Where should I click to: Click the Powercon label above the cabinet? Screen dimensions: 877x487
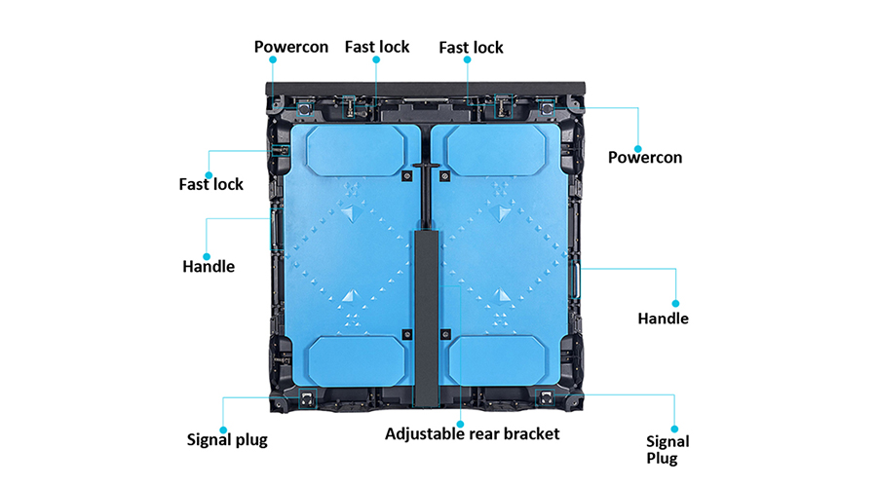[x=290, y=47]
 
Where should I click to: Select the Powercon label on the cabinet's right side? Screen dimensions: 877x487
[x=645, y=157]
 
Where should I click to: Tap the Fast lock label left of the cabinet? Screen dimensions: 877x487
[x=210, y=184]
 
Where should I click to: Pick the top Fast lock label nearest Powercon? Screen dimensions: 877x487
[x=377, y=47]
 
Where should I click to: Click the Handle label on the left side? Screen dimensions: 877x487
[x=209, y=266]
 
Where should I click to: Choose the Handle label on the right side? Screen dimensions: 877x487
[x=663, y=318]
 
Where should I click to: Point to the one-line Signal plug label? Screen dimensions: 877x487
[x=227, y=439]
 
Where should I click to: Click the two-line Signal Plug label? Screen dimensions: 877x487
[x=667, y=450]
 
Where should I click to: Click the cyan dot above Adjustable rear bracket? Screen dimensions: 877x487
[x=460, y=425]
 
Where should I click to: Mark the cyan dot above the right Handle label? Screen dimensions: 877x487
[x=675, y=304]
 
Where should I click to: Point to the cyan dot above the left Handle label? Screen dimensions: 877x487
[x=207, y=256]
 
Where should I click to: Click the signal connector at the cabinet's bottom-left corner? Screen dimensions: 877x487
[x=307, y=398]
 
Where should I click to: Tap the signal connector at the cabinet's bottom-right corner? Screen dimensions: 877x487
[x=546, y=398]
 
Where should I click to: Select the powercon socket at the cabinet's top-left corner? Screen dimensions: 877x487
[x=305, y=107]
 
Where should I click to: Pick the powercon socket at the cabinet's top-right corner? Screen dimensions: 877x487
[x=546, y=107]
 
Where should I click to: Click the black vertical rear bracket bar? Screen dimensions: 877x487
[x=426, y=318]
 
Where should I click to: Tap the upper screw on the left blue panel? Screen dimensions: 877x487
[x=407, y=176]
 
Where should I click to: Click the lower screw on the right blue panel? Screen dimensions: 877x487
[x=445, y=334]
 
